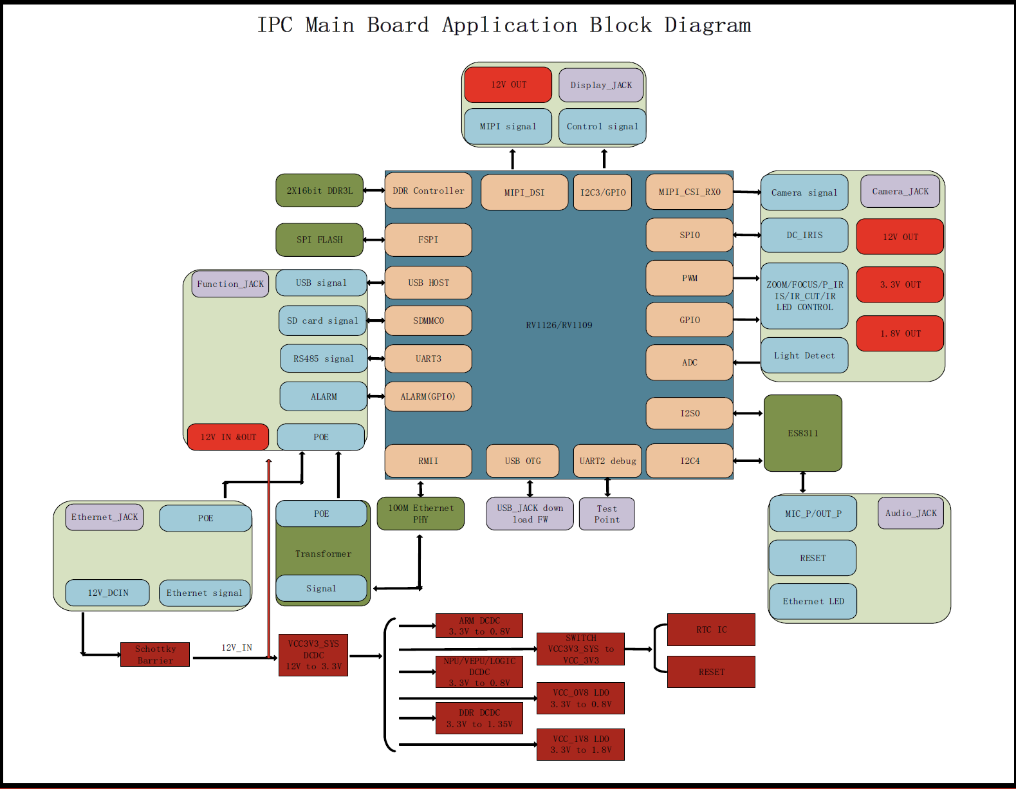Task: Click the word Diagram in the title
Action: click(707, 25)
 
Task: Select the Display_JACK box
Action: click(601, 85)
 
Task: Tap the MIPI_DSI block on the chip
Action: click(524, 192)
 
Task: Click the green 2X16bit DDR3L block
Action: click(319, 190)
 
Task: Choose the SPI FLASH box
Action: click(319, 239)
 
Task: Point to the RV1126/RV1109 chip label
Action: click(559, 325)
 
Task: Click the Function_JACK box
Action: click(230, 284)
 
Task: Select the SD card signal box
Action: click(322, 320)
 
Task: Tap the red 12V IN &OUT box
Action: click(228, 437)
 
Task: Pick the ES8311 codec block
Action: click(802, 433)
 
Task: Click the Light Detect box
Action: click(804, 355)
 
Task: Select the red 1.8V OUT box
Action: click(900, 333)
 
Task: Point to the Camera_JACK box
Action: click(900, 191)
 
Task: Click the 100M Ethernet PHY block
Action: click(420, 514)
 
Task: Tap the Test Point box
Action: click(607, 514)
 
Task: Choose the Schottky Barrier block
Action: click(155, 654)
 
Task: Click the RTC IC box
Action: click(711, 629)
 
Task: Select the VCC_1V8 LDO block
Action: click(580, 745)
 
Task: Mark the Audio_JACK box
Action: click(910, 513)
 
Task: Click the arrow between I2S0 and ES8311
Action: click(748, 413)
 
